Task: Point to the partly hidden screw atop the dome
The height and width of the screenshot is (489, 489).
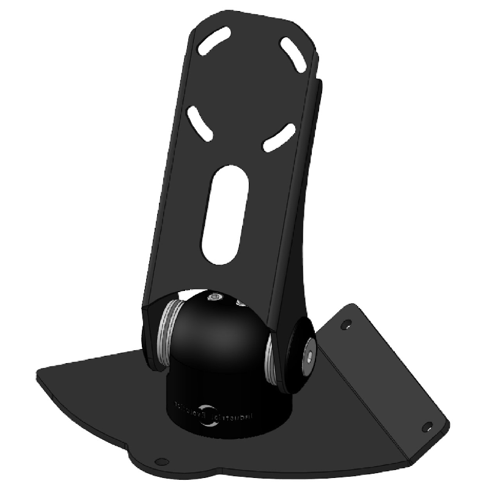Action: point(240,302)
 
